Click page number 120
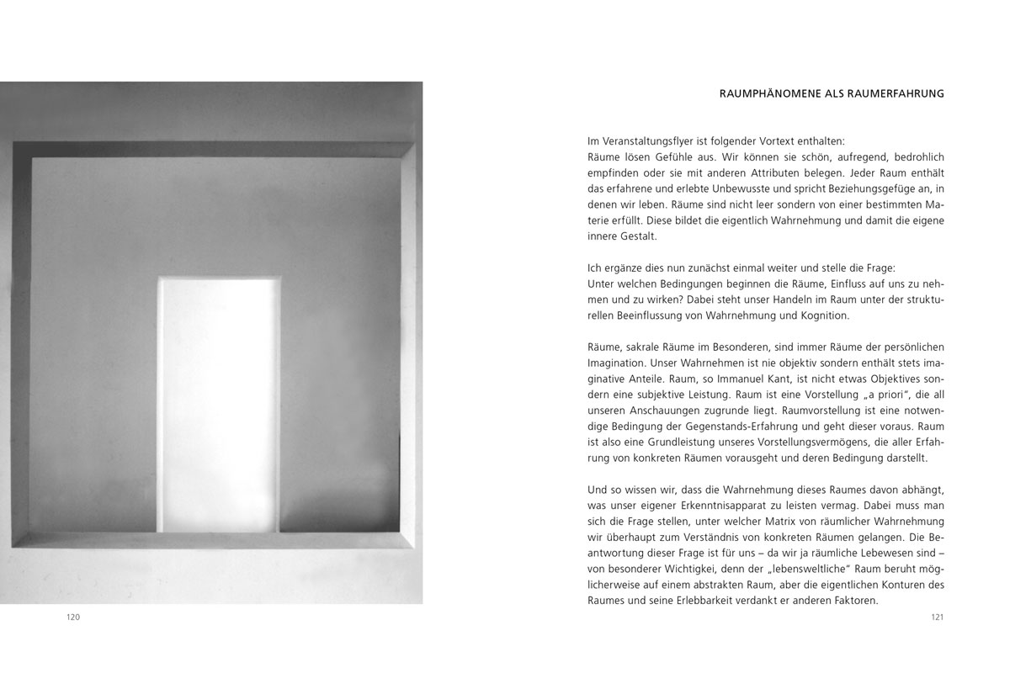pos(73,617)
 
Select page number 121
pos(938,617)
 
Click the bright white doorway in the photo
pos(219,404)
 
